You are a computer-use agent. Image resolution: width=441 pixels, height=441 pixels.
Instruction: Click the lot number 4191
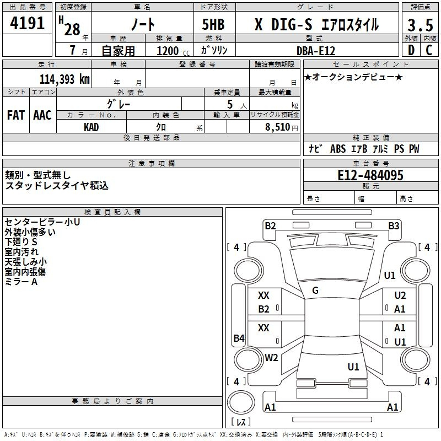(27, 23)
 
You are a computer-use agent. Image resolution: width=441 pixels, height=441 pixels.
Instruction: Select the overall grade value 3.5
(420, 25)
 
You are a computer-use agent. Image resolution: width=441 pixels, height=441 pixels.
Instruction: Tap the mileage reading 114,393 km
(64, 79)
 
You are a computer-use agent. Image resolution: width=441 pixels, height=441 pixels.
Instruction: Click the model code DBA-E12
(316, 51)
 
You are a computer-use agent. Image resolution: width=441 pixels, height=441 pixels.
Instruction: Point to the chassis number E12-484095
(370, 175)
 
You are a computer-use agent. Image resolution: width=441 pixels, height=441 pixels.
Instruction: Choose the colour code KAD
(92, 127)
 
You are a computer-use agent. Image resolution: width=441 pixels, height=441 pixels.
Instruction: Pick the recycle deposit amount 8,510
(278, 127)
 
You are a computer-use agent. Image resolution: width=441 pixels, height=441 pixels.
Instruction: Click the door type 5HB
(213, 24)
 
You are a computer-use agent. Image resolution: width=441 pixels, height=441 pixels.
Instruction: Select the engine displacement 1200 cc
(173, 51)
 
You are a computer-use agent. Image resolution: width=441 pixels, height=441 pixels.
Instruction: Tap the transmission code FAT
(16, 115)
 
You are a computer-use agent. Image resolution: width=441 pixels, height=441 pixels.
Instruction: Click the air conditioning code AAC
(42, 115)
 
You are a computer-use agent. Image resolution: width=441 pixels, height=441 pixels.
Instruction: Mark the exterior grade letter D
(411, 50)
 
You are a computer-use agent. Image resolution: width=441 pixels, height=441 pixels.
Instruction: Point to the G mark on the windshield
(315, 291)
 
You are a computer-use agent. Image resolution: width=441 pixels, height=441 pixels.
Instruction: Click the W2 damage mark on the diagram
(271, 357)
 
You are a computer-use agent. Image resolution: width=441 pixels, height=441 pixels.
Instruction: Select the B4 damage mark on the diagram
(239, 338)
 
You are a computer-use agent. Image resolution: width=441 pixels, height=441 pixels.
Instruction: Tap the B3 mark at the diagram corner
(394, 226)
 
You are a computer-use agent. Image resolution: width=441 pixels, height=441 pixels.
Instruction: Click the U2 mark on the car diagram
(400, 295)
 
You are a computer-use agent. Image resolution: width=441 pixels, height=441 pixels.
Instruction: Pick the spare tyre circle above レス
(241, 402)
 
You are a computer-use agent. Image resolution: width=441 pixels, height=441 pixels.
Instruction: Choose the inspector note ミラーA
(21, 282)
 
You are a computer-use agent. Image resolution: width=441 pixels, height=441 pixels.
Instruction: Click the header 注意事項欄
(152, 163)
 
